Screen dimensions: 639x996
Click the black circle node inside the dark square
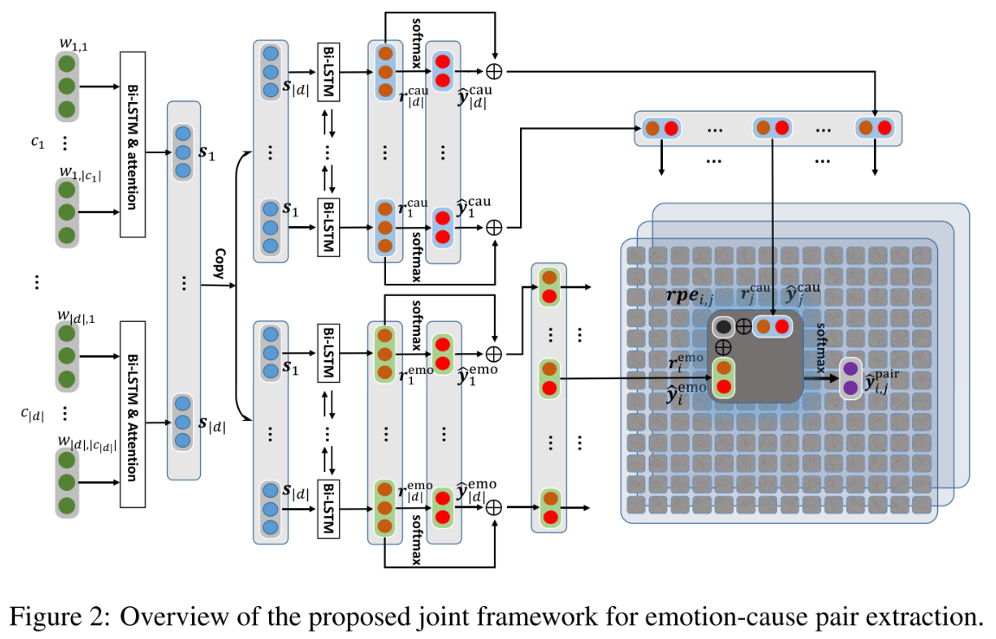723,326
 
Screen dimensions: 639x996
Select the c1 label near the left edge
37,143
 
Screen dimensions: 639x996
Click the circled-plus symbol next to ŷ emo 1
494,354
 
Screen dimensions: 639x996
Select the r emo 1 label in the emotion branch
414,374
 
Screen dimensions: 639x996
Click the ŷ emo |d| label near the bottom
477,494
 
